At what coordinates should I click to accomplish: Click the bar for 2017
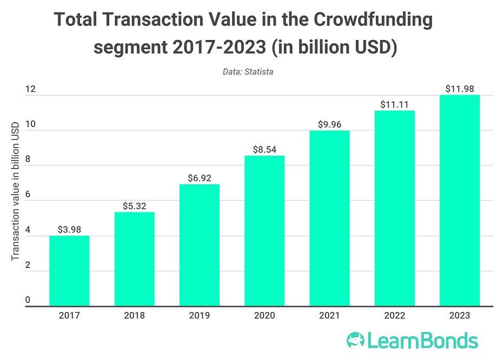coord(69,271)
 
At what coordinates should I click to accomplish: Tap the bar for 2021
coord(329,218)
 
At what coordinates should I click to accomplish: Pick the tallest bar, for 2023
coord(460,201)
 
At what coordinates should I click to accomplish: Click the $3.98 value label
coord(69,230)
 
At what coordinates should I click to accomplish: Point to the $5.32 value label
coord(134,206)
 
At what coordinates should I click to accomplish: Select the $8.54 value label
coord(264,150)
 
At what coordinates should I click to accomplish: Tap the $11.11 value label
coord(395,104)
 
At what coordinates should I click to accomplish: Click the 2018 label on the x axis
coord(134,316)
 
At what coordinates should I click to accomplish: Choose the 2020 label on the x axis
coord(264,316)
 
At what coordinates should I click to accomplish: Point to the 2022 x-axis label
coord(395,316)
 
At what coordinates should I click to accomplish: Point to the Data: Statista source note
coord(248,71)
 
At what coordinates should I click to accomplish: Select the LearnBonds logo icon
coord(356,341)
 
